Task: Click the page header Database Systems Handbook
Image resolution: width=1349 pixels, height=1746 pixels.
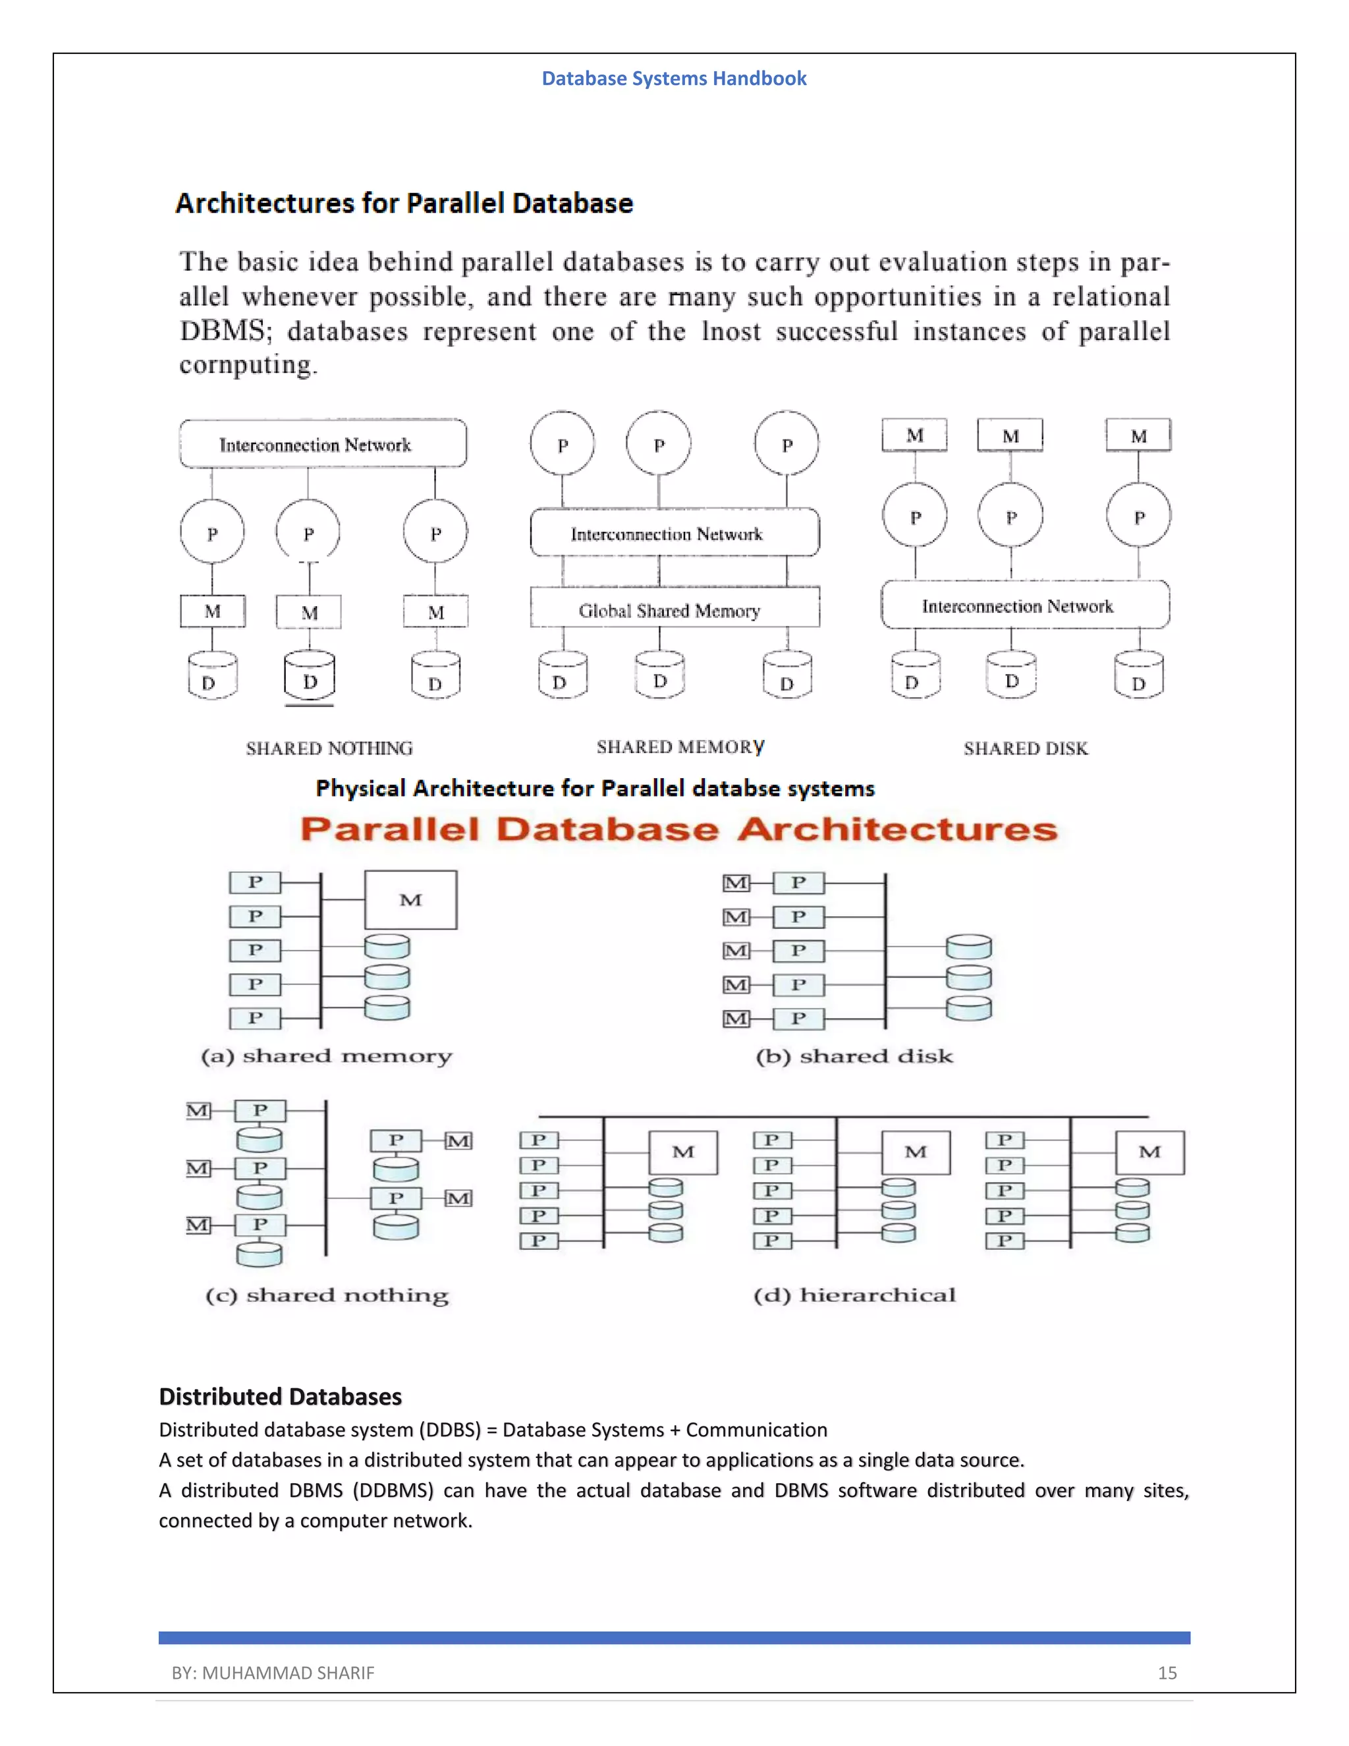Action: point(674,78)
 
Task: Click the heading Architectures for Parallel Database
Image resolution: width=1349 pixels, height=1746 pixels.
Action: point(404,203)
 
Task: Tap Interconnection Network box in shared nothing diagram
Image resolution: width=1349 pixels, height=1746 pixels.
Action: point(323,443)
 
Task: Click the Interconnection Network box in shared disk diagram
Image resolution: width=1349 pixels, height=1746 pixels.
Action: point(1024,605)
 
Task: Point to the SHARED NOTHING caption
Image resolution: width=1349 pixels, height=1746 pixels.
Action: point(329,748)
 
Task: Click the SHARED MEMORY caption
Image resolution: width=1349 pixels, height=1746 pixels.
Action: point(680,746)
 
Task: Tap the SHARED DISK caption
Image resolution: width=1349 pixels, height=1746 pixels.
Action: point(1026,748)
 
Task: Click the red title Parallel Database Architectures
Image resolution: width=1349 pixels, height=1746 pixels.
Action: point(679,829)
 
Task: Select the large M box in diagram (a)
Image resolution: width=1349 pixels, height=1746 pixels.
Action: point(411,900)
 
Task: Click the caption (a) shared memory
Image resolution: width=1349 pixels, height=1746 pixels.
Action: point(326,1056)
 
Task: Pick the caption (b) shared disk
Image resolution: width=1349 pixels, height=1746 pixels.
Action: point(854,1056)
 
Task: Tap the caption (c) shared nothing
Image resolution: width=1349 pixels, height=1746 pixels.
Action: point(326,1295)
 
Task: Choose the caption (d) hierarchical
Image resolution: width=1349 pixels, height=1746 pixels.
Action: point(854,1295)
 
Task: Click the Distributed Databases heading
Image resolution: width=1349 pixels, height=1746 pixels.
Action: point(281,1396)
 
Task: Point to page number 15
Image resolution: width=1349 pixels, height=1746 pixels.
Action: point(1167,1672)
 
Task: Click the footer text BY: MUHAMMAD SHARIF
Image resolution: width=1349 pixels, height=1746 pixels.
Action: point(273,1672)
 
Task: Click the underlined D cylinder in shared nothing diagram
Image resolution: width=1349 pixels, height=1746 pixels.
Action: point(310,678)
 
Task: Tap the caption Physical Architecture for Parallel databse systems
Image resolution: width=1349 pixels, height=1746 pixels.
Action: point(595,788)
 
